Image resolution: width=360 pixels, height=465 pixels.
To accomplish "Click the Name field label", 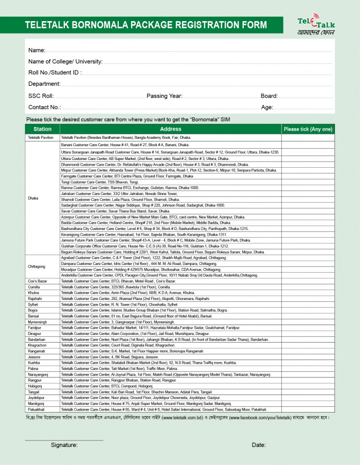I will [37, 50].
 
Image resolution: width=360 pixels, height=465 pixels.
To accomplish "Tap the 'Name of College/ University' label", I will [65, 62].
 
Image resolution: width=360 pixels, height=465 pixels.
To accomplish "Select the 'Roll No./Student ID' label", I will [55, 73].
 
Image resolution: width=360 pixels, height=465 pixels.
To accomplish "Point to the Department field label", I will [44, 84].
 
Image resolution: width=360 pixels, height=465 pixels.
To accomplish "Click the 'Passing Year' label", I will [164, 96].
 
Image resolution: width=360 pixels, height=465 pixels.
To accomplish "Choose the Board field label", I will [269, 96].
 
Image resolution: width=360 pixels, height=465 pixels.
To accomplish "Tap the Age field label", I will [267, 107].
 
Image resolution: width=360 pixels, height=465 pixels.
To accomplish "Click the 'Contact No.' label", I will [44, 107].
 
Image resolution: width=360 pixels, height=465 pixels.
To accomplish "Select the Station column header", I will [42, 129].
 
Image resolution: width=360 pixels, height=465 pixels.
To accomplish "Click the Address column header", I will [170, 129].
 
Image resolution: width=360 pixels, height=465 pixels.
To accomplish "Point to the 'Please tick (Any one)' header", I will [308, 129].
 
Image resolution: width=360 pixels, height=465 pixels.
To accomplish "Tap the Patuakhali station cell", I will [37, 409].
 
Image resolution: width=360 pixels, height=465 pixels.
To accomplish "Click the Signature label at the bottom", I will [64, 445].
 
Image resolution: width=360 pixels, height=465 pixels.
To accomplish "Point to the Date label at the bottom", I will [259, 445].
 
